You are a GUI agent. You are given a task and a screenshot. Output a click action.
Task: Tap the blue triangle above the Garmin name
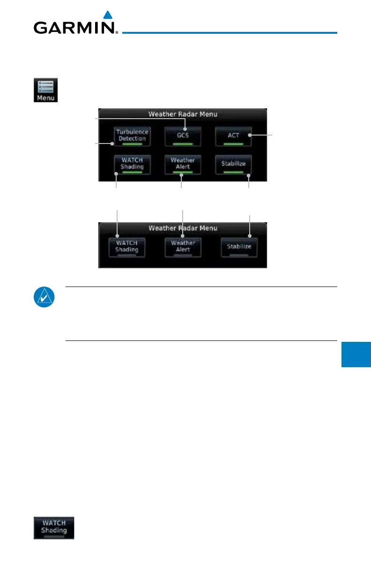pos(107,15)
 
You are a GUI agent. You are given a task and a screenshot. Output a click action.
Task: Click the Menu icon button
pos(45,90)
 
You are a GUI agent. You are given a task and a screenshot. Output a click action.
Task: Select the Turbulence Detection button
pos(132,136)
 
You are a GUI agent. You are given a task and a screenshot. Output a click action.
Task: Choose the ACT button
pos(233,136)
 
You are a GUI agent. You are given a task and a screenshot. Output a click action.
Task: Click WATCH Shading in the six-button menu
pos(132,164)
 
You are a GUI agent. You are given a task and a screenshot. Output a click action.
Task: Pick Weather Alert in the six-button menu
pos(183,164)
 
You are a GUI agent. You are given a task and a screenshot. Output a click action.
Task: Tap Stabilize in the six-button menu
pos(233,164)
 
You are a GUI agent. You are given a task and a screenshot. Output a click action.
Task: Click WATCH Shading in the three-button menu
pos(127,247)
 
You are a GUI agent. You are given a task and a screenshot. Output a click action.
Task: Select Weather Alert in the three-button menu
pos(183,247)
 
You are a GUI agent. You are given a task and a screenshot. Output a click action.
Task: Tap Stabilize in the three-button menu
pos(239,247)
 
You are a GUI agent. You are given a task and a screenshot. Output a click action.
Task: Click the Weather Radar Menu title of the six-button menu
pos(183,113)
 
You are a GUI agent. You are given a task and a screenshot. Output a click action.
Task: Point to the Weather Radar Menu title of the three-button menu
pos(183,228)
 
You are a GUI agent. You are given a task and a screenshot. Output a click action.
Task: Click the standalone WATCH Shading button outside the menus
pos(53,528)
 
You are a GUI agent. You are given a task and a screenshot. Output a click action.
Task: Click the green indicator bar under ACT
pos(233,144)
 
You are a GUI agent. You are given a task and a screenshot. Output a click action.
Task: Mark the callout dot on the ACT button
pos(250,135)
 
